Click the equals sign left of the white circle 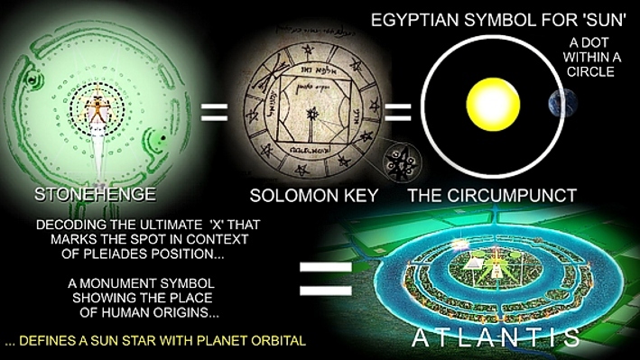point(396,115)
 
